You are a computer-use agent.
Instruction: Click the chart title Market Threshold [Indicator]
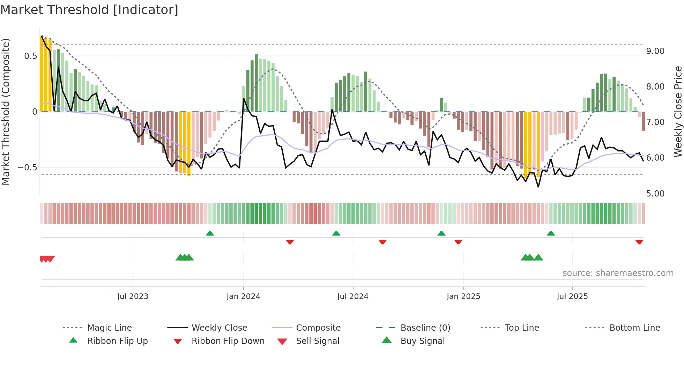point(89,10)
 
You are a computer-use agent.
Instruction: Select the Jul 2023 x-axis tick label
point(133,297)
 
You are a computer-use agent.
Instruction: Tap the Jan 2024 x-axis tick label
point(243,297)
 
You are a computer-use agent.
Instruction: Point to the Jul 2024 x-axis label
point(352,297)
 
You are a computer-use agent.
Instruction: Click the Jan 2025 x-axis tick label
point(463,297)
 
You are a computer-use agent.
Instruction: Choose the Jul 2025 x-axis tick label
point(572,297)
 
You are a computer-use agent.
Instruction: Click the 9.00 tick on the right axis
point(655,51)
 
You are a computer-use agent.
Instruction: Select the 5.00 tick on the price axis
point(655,194)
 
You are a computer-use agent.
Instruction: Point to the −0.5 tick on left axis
point(27,168)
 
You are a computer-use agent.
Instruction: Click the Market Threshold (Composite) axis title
point(6,112)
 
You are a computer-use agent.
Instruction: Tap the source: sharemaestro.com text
point(618,273)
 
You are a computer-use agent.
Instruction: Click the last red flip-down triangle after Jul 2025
point(639,242)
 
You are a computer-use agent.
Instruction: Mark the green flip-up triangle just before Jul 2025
point(551,233)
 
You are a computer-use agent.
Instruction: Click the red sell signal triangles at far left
point(47,259)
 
